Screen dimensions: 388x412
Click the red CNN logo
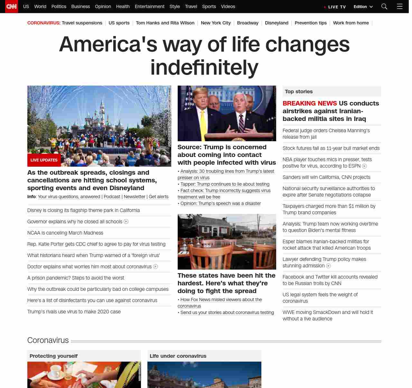pos(12,6)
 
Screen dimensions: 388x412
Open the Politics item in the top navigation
pos(59,6)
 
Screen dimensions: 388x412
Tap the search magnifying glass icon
pos(384,6)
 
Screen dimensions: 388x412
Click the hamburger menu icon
pos(399,6)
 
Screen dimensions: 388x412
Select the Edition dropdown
pos(363,7)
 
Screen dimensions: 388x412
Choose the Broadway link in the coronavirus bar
pos(248,23)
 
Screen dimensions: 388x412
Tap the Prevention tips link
pos(310,23)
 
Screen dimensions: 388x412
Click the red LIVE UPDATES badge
pos(44,160)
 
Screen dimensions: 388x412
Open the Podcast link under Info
pos(112,197)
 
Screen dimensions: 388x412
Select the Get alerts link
pos(158,197)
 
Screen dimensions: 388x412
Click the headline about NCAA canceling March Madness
pos(65,233)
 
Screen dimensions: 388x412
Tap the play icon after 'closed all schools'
pos(126,222)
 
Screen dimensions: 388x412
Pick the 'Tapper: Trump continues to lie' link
pos(225,184)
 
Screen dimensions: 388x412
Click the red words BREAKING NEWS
pos(310,103)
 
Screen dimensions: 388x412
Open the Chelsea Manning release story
pos(326,134)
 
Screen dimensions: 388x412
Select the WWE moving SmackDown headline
pos(328,315)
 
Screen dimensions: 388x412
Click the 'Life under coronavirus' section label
pos(178,356)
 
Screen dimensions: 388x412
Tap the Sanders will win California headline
pos(326,177)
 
